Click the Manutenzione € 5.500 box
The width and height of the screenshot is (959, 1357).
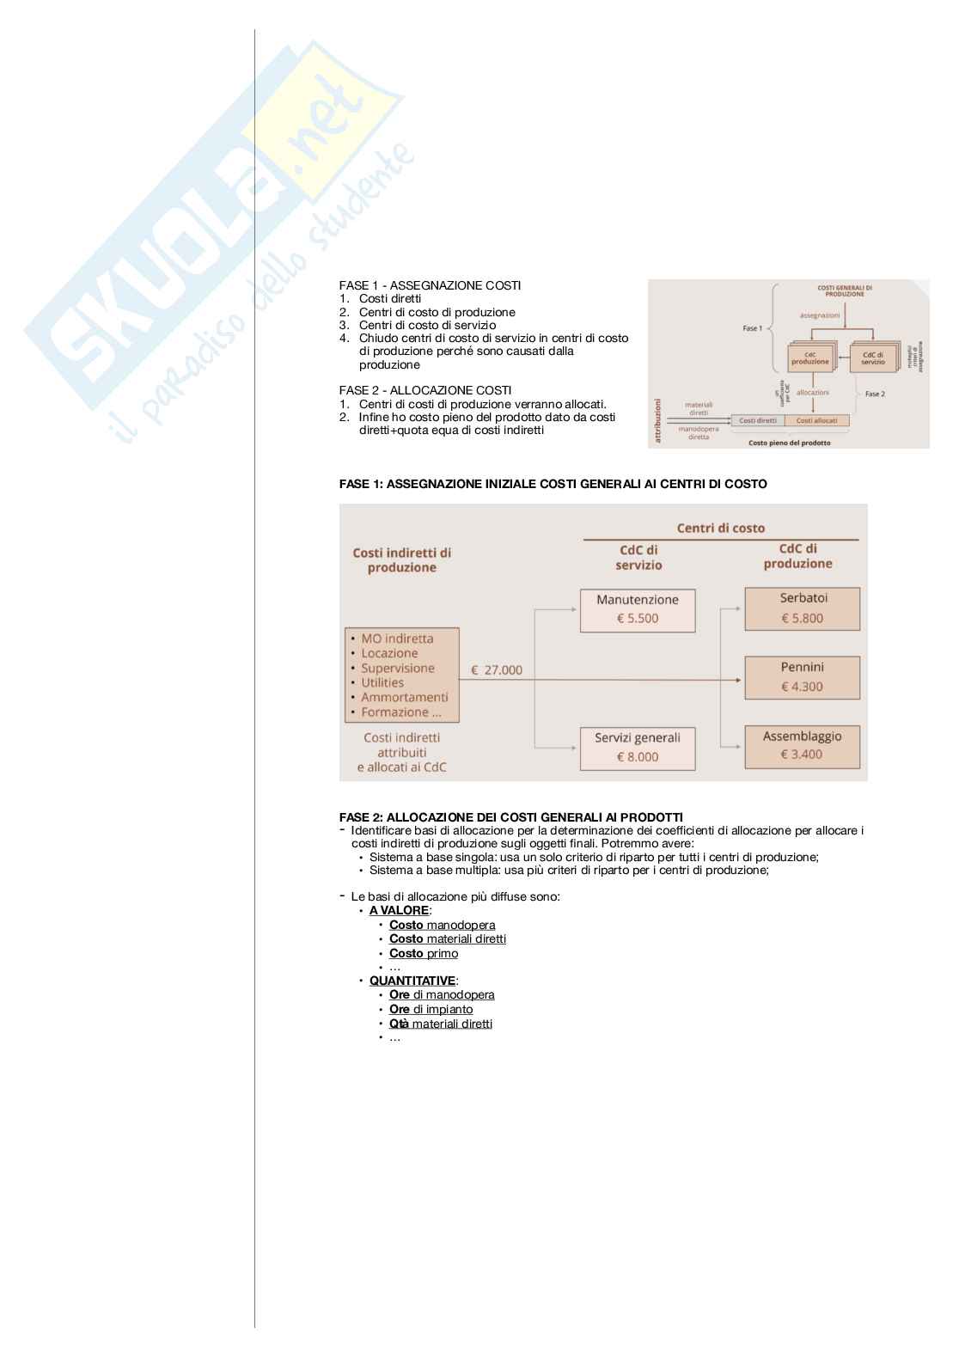[x=637, y=609]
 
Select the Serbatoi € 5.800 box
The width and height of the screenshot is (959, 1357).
[x=802, y=608]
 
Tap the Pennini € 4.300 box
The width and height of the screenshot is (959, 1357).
[x=802, y=676]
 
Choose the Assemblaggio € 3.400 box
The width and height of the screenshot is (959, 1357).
[x=802, y=745]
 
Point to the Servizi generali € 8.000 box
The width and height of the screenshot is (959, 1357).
[x=637, y=747]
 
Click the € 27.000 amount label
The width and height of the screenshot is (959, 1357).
[x=496, y=670]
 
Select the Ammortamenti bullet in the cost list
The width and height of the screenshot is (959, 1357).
[x=404, y=697]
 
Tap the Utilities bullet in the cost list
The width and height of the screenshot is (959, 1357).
[x=382, y=682]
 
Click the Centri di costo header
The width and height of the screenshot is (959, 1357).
[x=720, y=528]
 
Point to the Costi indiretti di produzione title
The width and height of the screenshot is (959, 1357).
[x=402, y=559]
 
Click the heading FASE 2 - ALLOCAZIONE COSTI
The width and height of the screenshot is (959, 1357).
[x=425, y=390]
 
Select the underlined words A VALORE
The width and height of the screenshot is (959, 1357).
[x=399, y=910]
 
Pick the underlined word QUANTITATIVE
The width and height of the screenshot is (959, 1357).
[x=412, y=981]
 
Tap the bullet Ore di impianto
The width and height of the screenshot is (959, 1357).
[x=431, y=1009]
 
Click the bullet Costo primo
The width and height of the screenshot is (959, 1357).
[x=424, y=953]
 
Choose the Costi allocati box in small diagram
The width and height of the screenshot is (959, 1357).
[x=816, y=420]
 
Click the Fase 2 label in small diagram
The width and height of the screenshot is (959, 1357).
[x=875, y=394]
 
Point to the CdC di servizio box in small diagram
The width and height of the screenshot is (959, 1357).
[x=873, y=358]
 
